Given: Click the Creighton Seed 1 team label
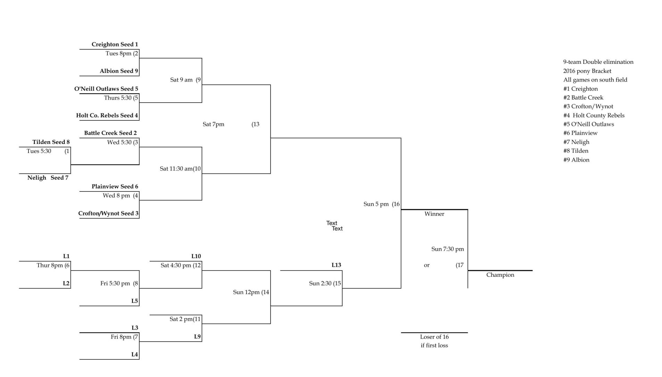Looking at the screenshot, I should (x=115, y=44).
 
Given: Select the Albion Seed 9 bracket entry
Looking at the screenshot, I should (x=119, y=71).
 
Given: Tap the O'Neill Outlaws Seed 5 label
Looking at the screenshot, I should (x=106, y=89).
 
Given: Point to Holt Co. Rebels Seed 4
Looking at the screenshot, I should (x=107, y=115).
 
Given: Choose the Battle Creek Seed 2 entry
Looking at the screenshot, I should (x=110, y=133).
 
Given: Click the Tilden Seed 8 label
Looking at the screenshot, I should (x=51, y=142).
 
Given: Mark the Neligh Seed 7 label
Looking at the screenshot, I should (x=48, y=178).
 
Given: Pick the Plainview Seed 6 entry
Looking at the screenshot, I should (x=115, y=187).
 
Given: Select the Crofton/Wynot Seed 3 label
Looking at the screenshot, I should (x=108, y=214).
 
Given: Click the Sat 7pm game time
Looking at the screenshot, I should (x=213, y=124).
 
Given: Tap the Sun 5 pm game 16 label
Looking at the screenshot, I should (x=381, y=204).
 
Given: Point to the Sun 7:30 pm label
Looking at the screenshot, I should (x=447, y=249).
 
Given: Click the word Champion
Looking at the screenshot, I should (x=500, y=275).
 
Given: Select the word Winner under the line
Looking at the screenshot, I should (x=434, y=214).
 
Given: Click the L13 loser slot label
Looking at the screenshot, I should (x=336, y=265).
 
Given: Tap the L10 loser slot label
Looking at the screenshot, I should (x=196, y=256).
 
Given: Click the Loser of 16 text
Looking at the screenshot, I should (x=434, y=337).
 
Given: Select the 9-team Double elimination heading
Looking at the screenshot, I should (x=598, y=62).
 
